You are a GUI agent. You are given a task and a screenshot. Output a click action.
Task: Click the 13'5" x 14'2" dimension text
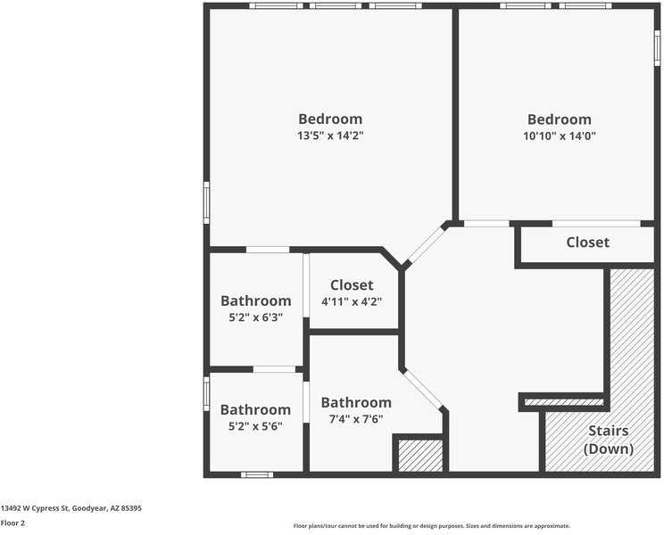(330, 136)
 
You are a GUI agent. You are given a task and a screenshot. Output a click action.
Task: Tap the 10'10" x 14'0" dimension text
(559, 136)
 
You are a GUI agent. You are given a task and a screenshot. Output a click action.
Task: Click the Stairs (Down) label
(608, 440)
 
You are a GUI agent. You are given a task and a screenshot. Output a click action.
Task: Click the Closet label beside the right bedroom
(587, 243)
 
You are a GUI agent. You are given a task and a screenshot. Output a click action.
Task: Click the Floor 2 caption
(12, 523)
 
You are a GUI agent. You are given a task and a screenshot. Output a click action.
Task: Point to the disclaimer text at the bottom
(431, 526)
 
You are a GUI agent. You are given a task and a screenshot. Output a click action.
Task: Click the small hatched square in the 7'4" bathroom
(419, 456)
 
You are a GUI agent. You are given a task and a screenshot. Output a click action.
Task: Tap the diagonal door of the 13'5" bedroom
(425, 244)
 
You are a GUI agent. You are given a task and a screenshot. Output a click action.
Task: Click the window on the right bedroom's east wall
(657, 48)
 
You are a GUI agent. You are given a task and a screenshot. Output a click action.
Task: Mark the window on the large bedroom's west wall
(206, 202)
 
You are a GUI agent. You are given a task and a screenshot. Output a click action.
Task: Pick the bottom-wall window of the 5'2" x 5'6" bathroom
(257, 474)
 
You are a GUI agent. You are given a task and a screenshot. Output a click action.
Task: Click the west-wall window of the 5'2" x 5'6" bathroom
(206, 393)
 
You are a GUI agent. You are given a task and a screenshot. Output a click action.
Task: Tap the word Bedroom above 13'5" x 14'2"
(330, 119)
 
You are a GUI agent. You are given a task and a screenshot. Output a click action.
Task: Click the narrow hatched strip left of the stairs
(563, 402)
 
